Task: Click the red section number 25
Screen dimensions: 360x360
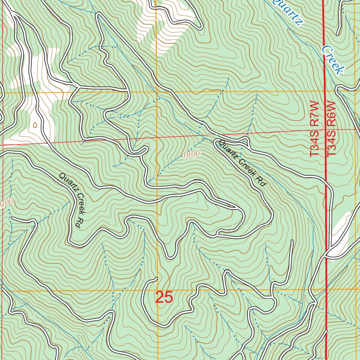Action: tap(164, 297)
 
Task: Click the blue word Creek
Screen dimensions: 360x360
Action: tap(332, 60)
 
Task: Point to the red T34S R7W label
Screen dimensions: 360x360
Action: tap(314, 129)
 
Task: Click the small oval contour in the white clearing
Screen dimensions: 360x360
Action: tap(34, 124)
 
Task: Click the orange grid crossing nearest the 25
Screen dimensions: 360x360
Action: tap(157, 291)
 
